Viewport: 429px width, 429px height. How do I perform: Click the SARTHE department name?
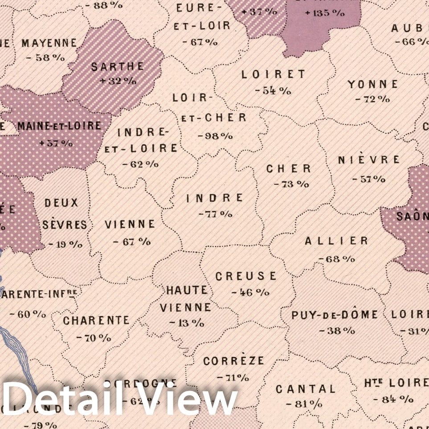(118, 67)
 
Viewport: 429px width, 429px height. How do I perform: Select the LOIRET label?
(274, 74)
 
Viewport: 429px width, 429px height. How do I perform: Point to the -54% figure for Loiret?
(273, 90)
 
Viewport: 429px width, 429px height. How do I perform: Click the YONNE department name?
(373, 84)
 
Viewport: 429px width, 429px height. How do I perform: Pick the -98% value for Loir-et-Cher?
(214, 135)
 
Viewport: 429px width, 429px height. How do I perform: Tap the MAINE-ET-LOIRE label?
(60, 126)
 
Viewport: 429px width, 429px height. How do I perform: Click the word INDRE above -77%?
(215, 198)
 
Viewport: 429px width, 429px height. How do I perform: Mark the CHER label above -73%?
(289, 169)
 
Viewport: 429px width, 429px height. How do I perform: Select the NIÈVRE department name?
(369, 159)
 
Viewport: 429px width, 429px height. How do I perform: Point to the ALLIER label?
(336, 241)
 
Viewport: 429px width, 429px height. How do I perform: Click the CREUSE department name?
(246, 276)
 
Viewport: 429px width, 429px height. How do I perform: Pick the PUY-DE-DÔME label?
(335, 315)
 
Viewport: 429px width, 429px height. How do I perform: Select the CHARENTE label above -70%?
(96, 321)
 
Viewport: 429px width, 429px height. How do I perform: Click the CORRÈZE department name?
(233, 361)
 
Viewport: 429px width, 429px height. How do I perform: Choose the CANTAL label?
(305, 389)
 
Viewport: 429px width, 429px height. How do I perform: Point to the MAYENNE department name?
(49, 43)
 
